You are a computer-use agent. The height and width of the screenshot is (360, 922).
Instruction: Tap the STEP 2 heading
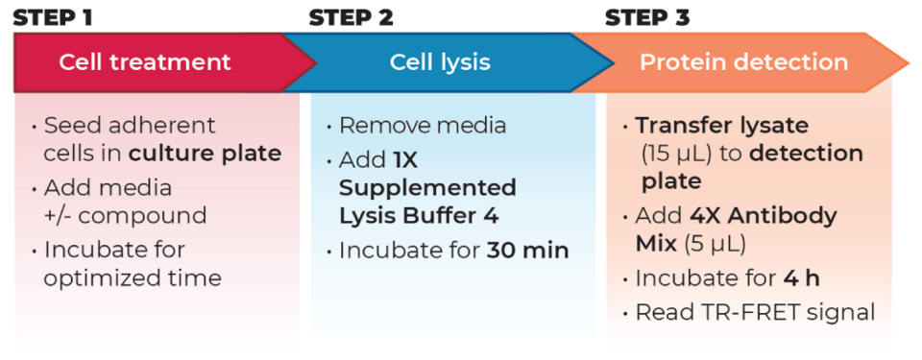352,18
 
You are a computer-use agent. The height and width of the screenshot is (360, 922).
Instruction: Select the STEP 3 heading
647,18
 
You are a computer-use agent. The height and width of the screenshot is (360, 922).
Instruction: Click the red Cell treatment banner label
145,62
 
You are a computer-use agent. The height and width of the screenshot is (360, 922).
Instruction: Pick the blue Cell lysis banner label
441,62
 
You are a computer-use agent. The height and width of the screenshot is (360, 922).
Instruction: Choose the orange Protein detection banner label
743,62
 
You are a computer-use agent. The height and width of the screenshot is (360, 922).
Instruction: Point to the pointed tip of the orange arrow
910,61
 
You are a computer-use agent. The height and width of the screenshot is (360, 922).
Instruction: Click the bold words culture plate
206,154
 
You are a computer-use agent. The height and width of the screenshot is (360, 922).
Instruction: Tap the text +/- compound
126,215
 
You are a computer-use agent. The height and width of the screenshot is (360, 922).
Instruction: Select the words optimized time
133,277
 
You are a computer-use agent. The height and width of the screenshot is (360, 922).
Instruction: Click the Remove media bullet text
423,126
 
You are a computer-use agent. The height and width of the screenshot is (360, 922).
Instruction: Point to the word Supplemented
428,188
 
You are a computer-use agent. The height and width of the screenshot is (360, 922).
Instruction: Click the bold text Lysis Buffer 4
419,216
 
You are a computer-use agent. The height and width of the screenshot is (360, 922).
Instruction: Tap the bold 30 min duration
528,251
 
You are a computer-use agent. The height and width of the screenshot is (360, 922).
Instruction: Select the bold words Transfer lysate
722,126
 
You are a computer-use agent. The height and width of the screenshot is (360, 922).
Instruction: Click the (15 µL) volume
682,155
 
